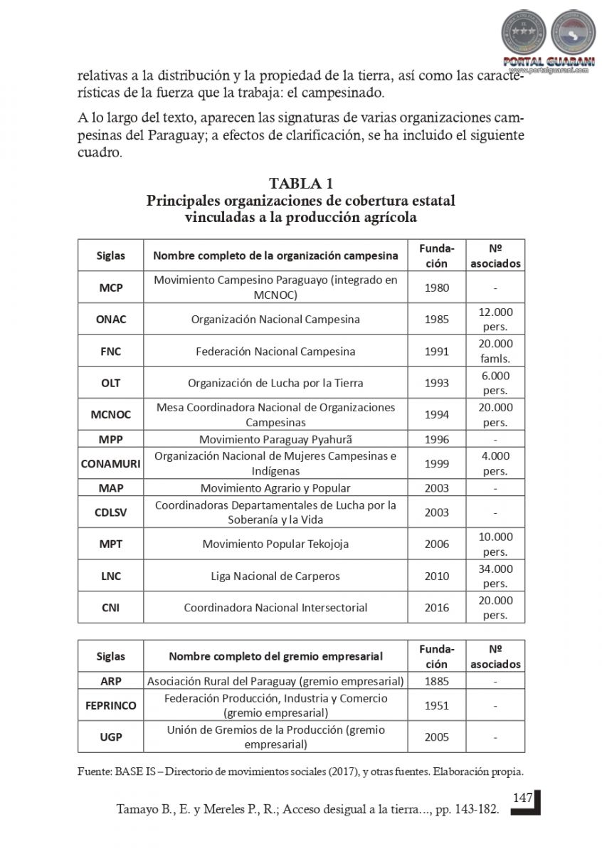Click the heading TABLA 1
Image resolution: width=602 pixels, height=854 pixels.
pyautogui.click(x=301, y=184)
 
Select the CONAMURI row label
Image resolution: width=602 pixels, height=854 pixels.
pyautogui.click(x=110, y=463)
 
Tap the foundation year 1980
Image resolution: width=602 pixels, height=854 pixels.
pyautogui.click(x=436, y=288)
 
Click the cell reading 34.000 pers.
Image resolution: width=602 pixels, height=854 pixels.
pyautogui.click(x=495, y=576)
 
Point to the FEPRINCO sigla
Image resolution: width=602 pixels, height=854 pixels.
pyautogui.click(x=110, y=706)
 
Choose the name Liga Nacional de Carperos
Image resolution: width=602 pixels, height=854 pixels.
pyautogui.click(x=275, y=576)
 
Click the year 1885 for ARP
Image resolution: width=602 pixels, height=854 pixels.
pyautogui.click(x=436, y=681)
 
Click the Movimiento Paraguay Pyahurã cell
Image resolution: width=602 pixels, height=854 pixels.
pyautogui.click(x=275, y=439)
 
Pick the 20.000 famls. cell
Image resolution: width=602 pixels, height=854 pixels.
pyautogui.click(x=495, y=351)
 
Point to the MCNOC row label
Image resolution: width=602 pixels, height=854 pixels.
pyautogui.click(x=110, y=414)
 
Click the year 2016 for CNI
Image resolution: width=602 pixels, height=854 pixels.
pyautogui.click(x=436, y=608)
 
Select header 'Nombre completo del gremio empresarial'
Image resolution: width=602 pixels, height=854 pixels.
pyautogui.click(x=275, y=656)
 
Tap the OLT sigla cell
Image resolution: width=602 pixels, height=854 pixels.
pyautogui.click(x=110, y=383)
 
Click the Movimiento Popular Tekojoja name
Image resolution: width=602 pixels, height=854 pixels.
pyautogui.click(x=275, y=544)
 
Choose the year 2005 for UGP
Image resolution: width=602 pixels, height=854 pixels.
pyautogui.click(x=436, y=737)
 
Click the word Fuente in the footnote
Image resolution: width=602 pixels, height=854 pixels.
pyautogui.click(x=94, y=771)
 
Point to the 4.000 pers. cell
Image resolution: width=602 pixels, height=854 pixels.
pyautogui.click(x=495, y=463)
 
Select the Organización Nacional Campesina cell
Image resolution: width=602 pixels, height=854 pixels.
pyautogui.click(x=275, y=319)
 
